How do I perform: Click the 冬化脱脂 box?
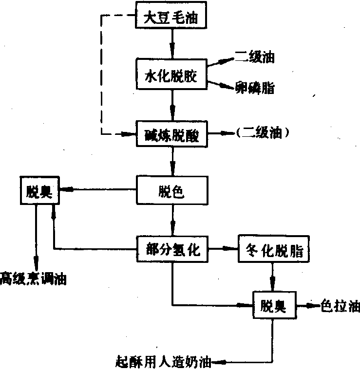[x=272, y=250]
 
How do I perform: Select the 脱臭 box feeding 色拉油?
[x=272, y=306]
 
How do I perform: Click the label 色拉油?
[x=340, y=306]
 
